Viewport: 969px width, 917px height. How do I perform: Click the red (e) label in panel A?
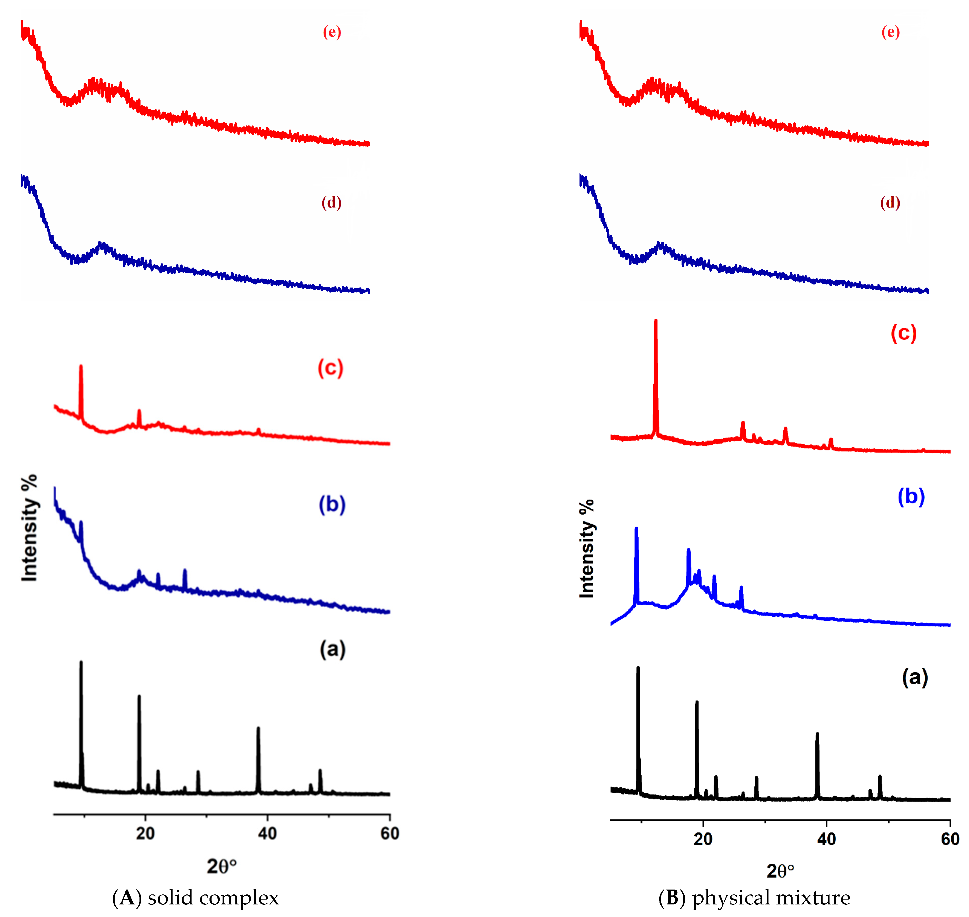332,32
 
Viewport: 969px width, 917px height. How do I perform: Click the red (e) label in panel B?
890,32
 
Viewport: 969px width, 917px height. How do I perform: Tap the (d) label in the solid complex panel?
331,202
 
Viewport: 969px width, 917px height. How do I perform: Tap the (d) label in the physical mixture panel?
890,202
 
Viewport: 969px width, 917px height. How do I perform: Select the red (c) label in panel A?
330,368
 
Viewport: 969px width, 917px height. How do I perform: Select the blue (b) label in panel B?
911,497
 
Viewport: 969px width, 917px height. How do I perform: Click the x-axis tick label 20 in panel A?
145,833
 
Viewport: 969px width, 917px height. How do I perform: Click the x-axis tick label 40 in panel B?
826,839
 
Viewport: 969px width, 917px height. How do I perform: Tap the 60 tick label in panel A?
389,833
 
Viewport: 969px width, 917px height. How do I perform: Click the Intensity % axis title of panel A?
29,528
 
